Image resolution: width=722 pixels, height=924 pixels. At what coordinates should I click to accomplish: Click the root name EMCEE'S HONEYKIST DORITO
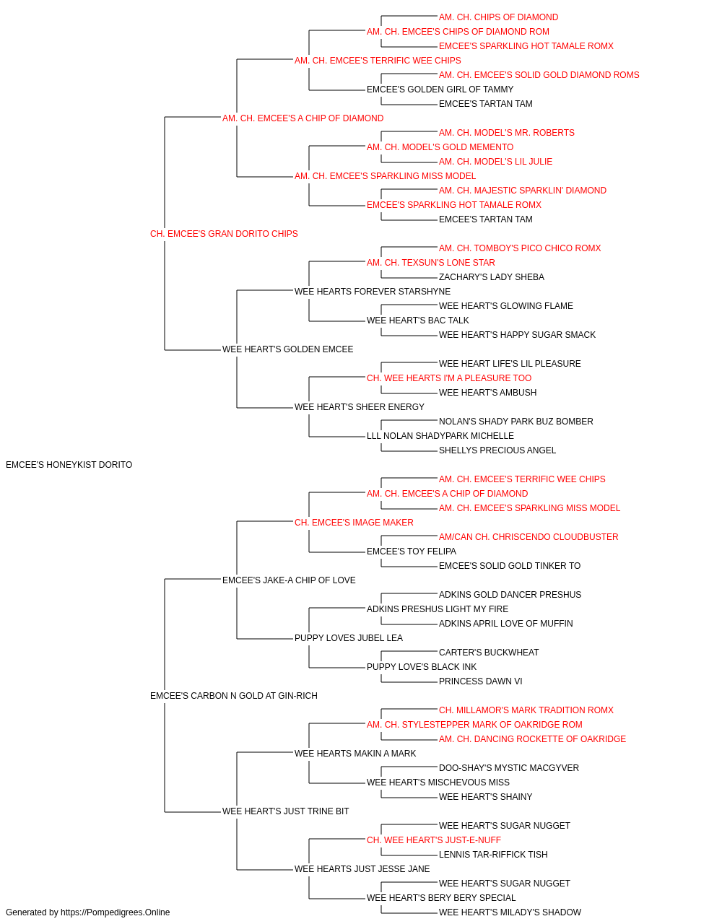[69, 465]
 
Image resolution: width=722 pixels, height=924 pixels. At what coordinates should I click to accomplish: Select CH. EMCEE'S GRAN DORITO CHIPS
[224, 234]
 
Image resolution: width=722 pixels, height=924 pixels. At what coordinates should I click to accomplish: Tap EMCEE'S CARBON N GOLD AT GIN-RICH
[233, 696]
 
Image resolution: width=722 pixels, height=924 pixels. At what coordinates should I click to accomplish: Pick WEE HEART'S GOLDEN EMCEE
[287, 349]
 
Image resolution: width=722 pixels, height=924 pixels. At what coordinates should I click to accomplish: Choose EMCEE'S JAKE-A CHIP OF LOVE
[289, 580]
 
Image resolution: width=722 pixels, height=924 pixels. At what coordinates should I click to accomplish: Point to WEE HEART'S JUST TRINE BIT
[285, 811]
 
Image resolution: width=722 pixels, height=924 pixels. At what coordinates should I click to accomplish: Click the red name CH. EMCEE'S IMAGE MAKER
[354, 522]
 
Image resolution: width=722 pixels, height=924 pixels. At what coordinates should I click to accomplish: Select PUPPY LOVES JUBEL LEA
[348, 638]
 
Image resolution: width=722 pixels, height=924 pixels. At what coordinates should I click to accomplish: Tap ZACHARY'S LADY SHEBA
[491, 276]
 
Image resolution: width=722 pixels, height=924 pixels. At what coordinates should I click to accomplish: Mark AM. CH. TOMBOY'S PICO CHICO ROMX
[520, 248]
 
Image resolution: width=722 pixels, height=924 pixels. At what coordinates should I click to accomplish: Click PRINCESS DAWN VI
[480, 681]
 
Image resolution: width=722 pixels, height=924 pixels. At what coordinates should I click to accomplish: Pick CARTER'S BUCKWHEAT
[489, 653]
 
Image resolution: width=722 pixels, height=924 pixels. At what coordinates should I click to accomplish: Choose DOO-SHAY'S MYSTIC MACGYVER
[508, 767]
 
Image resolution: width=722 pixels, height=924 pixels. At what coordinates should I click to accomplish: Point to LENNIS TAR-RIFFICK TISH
[493, 854]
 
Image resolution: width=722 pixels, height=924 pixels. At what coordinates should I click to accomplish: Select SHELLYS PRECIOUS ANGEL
[497, 450]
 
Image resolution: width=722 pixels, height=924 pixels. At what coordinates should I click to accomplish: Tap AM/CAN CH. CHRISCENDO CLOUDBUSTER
[528, 536]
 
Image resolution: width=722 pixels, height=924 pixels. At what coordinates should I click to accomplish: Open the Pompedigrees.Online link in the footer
[115, 912]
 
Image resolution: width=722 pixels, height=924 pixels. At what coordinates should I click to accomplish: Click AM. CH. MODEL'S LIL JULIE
[495, 162]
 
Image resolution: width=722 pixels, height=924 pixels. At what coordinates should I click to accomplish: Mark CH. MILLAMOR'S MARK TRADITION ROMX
[526, 710]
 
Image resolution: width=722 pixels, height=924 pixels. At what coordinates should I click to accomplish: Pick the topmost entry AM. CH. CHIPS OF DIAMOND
[498, 17]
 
